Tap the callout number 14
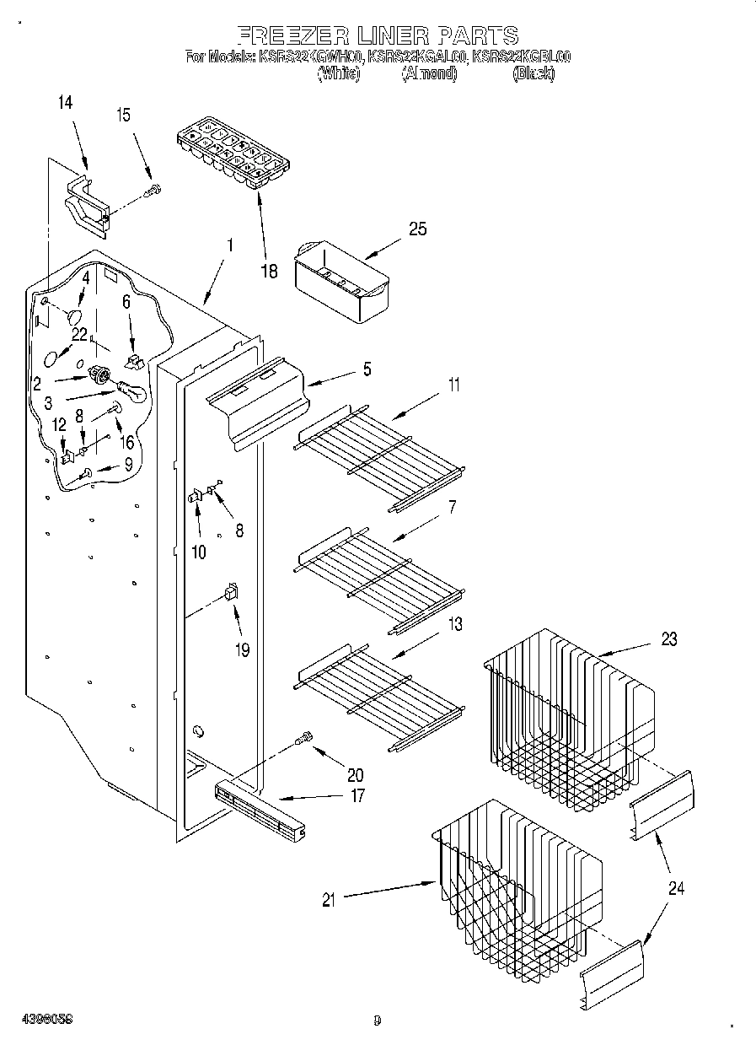point(66,103)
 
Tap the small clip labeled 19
point(230,592)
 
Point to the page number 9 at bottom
point(377,1021)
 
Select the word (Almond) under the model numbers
point(429,74)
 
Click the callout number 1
point(229,246)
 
